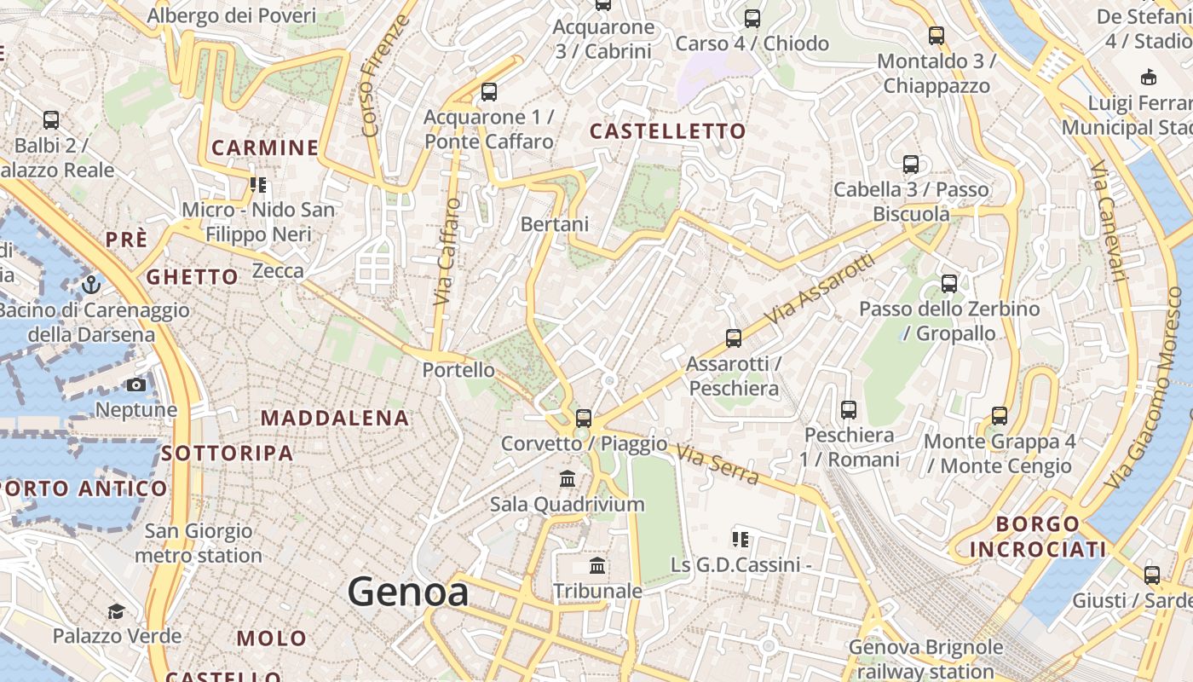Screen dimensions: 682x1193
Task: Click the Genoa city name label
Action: tap(407, 592)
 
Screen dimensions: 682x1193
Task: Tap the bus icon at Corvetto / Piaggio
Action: tap(583, 418)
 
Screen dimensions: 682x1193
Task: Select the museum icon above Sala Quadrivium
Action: tap(568, 479)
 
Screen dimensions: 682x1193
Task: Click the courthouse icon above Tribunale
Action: tap(597, 566)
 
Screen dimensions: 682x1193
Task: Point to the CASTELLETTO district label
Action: tap(667, 131)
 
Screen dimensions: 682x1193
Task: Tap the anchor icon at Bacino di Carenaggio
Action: tap(90, 284)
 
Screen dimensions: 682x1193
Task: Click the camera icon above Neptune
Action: tap(135, 385)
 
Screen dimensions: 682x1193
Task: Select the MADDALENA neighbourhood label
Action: tap(335, 419)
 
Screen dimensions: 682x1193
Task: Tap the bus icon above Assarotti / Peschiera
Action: tap(733, 338)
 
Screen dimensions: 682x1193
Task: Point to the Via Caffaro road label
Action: tap(447, 252)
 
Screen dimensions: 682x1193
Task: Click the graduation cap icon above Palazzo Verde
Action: tap(116, 611)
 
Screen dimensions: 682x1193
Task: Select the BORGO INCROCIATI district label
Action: tap(1037, 536)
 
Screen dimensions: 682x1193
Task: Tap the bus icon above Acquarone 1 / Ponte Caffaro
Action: tap(488, 92)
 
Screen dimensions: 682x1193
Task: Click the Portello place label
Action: tap(458, 370)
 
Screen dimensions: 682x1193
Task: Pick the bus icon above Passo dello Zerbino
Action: tap(948, 284)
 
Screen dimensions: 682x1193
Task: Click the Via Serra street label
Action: tap(718, 465)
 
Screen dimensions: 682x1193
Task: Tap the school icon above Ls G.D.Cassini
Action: tap(740, 539)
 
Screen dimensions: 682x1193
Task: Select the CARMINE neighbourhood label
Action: tap(264, 148)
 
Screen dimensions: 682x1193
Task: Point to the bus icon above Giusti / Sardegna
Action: tap(1151, 575)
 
